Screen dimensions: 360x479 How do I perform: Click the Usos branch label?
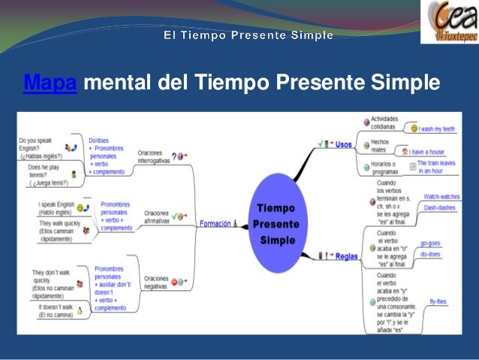pyautogui.click(x=344, y=143)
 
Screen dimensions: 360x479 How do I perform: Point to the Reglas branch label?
pyautogui.click(x=346, y=256)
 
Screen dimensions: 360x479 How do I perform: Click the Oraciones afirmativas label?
pyautogui.click(x=157, y=217)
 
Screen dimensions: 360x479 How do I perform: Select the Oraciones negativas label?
pyautogui.click(x=155, y=282)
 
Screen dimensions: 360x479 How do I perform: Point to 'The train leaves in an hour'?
pyautogui.click(x=440, y=167)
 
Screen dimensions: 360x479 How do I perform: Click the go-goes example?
pyautogui.click(x=430, y=244)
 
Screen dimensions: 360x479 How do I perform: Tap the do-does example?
pyautogui.click(x=430, y=255)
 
